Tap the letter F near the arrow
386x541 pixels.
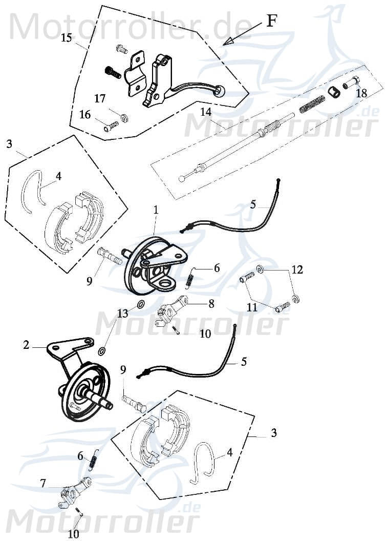click(272, 21)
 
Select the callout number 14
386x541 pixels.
click(206, 112)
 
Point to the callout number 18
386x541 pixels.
click(361, 93)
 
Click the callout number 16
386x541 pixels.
click(85, 115)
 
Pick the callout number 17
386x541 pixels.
click(99, 98)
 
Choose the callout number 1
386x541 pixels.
click(156, 210)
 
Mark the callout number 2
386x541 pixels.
click(26, 345)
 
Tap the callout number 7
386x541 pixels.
click(43, 483)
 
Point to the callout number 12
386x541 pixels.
click(297, 269)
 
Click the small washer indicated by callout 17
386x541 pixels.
click(123, 119)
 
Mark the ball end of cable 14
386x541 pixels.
click(182, 179)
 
